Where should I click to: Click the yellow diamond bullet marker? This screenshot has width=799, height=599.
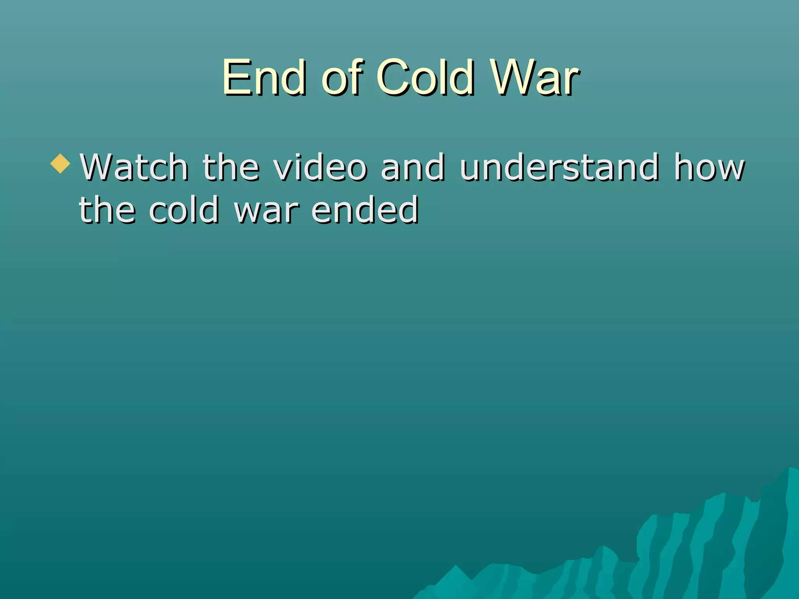click(60, 163)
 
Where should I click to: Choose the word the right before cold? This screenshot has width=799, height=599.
click(107, 211)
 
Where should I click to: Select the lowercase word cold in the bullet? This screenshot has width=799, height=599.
click(184, 211)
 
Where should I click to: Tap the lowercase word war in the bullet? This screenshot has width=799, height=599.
click(266, 211)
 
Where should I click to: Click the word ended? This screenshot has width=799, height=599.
click(365, 211)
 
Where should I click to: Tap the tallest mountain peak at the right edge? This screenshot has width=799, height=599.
click(790, 470)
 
